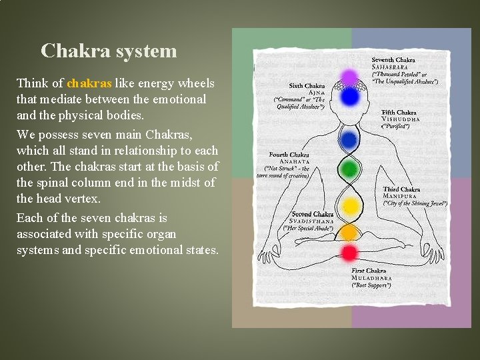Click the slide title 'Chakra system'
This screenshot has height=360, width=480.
[109, 51]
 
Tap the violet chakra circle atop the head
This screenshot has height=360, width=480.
[349, 79]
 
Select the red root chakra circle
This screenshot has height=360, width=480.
[349, 253]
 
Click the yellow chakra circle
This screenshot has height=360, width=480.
[349, 205]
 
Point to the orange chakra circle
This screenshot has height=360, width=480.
[349, 231]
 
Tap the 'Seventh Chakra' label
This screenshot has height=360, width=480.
[393, 60]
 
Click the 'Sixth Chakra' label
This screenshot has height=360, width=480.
[307, 85]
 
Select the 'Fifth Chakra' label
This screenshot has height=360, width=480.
[399, 112]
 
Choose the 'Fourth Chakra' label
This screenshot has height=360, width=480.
[289, 155]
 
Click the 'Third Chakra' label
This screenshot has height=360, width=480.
[401, 189]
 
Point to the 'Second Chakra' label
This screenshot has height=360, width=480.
[312, 214]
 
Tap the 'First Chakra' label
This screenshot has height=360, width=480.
[369, 271]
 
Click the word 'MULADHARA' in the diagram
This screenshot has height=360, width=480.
[373, 278]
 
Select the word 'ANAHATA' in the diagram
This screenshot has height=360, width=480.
[294, 161]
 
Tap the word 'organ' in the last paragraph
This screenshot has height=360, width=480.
[161, 234]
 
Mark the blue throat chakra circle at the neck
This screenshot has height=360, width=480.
[349, 139]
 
